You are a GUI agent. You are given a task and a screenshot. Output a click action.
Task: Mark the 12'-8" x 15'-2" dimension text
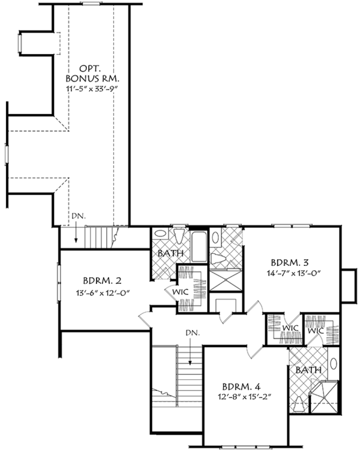242,397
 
